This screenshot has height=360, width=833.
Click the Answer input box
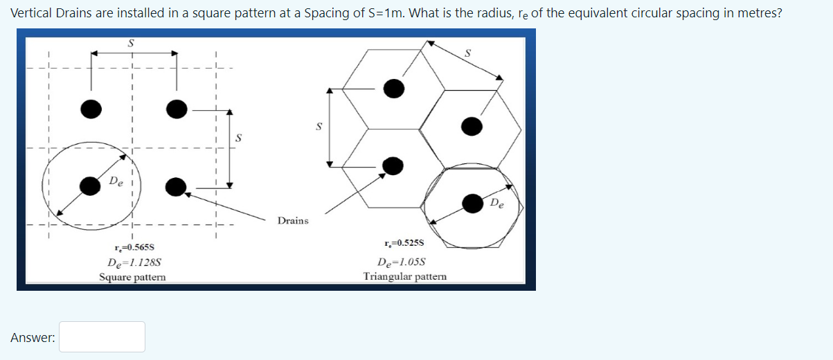click(102, 336)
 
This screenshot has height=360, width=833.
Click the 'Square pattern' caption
click(132, 277)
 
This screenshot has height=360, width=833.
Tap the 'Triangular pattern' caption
click(405, 276)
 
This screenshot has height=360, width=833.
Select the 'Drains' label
click(293, 221)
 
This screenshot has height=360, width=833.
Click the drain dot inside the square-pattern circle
click(90, 186)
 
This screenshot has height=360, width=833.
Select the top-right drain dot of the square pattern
click(177, 109)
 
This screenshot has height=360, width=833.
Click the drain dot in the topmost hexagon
click(393, 88)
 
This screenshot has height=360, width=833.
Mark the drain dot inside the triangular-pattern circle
click(473, 203)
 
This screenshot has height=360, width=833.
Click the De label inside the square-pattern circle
click(116, 183)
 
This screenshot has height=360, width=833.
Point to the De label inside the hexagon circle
click(498, 204)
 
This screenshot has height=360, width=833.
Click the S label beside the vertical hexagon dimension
click(319, 127)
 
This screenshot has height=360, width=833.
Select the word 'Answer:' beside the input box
click(33, 337)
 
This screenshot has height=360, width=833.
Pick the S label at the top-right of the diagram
click(467, 53)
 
